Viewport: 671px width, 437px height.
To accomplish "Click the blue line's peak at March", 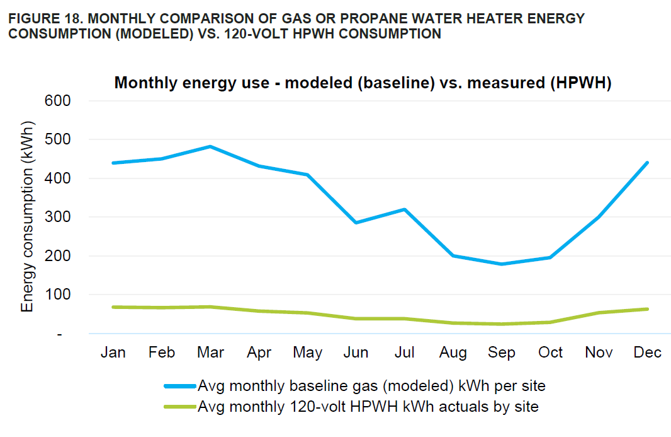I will click(210, 146).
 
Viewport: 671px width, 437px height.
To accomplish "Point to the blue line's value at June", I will click(356, 223).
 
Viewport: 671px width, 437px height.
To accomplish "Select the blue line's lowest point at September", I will click(502, 264).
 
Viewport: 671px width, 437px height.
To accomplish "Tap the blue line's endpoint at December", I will click(646, 163).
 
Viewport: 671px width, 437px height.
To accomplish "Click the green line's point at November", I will click(598, 313).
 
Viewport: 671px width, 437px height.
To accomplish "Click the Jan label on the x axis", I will click(113, 353).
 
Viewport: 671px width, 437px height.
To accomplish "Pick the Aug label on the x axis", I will click(453, 353).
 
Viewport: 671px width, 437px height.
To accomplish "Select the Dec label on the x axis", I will click(647, 353).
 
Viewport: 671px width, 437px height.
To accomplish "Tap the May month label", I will click(307, 353).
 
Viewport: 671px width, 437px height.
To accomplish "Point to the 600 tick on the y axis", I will click(57, 101).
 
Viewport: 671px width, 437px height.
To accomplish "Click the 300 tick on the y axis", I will click(57, 217).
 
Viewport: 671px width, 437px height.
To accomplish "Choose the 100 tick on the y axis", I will click(57, 294).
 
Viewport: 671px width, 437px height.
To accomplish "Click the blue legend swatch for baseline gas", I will click(179, 385).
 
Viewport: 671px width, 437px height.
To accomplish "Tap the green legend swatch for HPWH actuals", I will click(179, 407).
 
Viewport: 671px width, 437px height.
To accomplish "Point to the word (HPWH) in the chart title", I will click(579, 83).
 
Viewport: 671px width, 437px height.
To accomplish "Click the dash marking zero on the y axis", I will click(60, 334).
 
